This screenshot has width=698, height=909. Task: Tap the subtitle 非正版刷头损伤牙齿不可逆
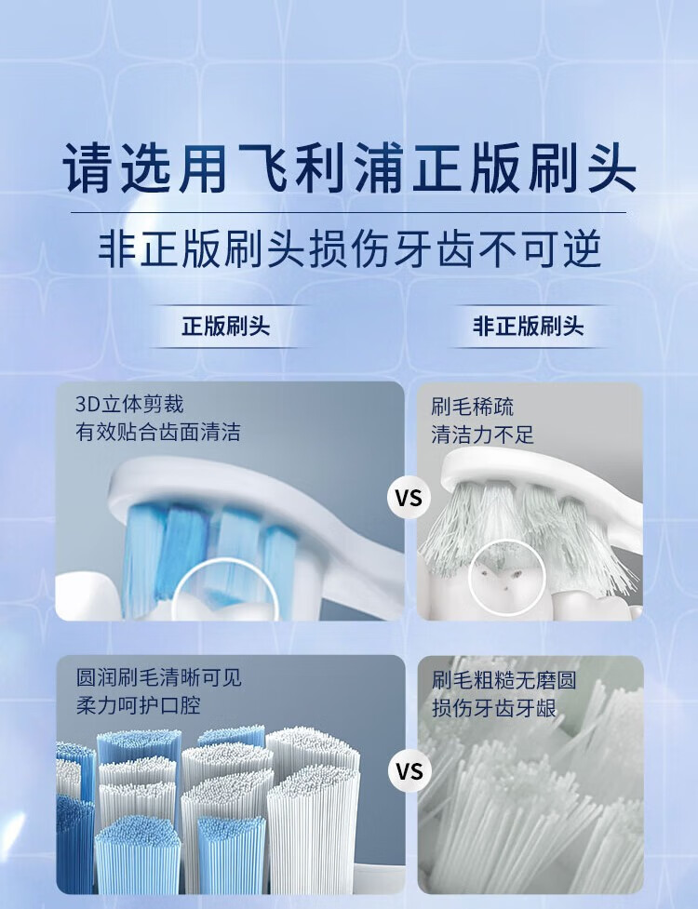(349, 250)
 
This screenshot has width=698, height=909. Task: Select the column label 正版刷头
(226, 326)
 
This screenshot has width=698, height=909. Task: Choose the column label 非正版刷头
(528, 326)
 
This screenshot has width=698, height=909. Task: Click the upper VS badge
(409, 498)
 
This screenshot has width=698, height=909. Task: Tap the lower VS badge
(409, 771)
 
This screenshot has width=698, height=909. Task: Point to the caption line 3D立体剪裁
(129, 404)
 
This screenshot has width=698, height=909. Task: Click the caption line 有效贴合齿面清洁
(157, 432)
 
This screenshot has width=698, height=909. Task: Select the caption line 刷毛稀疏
(472, 407)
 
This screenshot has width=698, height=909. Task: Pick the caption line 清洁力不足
(482, 434)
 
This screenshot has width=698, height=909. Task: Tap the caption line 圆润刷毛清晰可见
(159, 677)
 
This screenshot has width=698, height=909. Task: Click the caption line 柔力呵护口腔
(138, 705)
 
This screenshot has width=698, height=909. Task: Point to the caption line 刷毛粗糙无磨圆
(503, 680)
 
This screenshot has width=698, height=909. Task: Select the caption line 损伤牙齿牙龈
(494, 708)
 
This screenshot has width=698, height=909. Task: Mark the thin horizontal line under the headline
(348, 213)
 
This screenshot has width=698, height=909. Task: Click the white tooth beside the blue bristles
(87, 596)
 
